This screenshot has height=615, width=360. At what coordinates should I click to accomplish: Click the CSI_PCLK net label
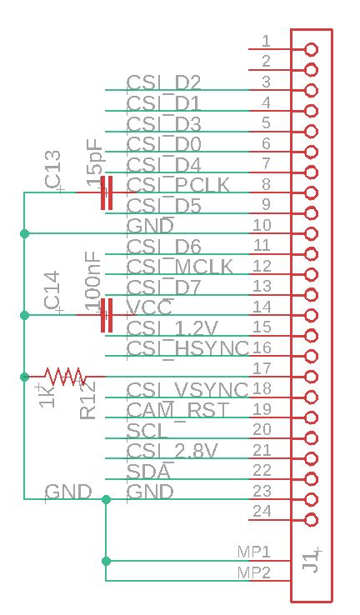[x=178, y=184]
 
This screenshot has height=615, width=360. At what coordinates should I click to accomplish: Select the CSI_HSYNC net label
[x=187, y=347]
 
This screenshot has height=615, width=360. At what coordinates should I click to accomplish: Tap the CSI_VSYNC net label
[x=187, y=389]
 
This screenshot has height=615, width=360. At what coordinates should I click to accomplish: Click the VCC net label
[x=149, y=307]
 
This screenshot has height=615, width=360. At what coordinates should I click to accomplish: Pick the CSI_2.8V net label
[x=172, y=451]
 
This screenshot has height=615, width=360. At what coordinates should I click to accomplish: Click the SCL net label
[x=147, y=430]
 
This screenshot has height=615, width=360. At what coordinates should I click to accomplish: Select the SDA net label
[x=148, y=471]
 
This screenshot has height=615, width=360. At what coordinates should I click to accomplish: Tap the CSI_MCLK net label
[x=180, y=267]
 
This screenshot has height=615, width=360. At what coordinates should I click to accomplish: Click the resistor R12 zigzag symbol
[x=63, y=376]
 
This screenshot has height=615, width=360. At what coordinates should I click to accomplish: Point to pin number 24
[x=262, y=512]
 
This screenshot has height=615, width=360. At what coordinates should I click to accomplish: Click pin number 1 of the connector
[x=266, y=41]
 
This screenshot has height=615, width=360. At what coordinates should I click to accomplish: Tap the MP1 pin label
[x=254, y=552]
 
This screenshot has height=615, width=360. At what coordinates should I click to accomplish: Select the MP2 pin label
[x=254, y=572]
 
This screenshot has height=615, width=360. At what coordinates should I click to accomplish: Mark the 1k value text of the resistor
[x=47, y=395]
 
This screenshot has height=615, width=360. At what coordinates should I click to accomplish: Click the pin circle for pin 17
[x=312, y=377]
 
